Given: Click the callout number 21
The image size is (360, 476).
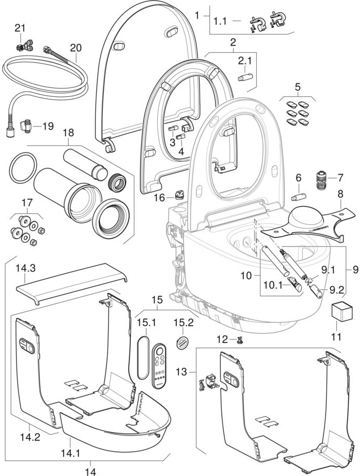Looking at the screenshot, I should (x=20, y=28).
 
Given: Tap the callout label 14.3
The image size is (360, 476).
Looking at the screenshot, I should (x=26, y=268).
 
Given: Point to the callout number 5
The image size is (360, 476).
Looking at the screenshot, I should (x=298, y=86).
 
